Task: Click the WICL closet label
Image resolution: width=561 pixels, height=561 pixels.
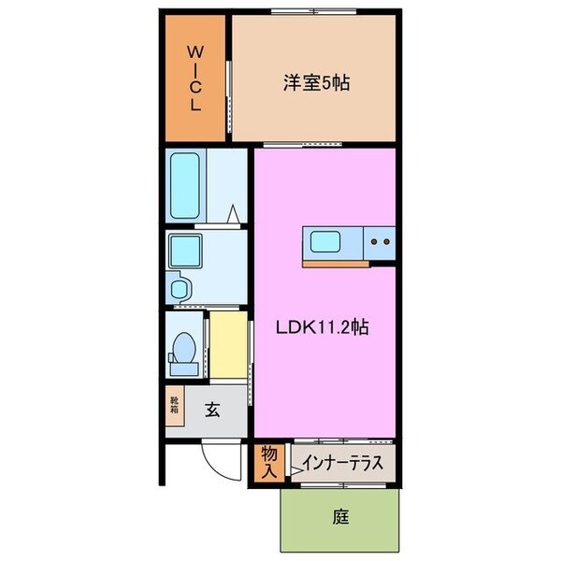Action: click(195, 77)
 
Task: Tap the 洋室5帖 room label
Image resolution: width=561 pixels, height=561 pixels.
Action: click(316, 83)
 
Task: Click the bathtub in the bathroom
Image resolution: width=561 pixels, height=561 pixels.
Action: click(187, 185)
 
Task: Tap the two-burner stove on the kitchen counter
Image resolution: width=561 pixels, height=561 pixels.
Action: click(381, 242)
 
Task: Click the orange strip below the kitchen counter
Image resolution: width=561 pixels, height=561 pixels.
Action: click(335, 263)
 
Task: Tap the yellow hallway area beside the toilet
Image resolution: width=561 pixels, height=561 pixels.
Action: click(225, 346)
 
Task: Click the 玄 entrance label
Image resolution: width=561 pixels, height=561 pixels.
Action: click(213, 408)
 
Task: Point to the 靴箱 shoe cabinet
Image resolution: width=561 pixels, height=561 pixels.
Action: click(175, 408)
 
